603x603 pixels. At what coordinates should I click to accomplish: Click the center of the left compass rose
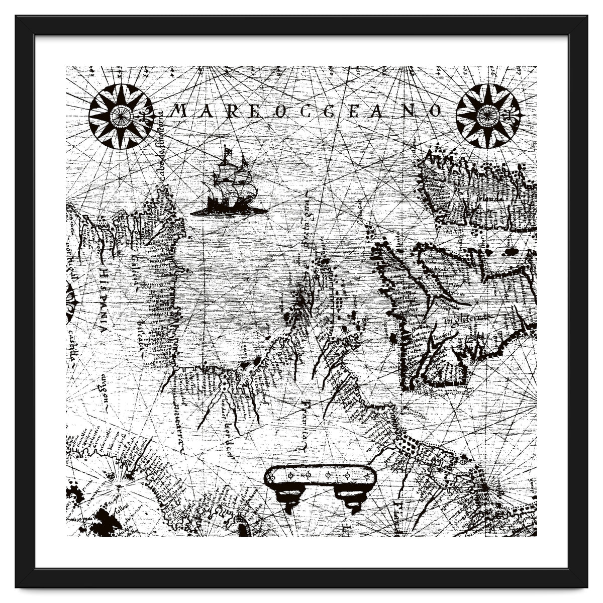coord(121,117)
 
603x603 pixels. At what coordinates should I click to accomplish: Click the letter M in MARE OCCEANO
coord(179,111)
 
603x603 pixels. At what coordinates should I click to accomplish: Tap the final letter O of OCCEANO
coord(435,111)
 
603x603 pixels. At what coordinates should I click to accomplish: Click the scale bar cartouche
coord(320,476)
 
